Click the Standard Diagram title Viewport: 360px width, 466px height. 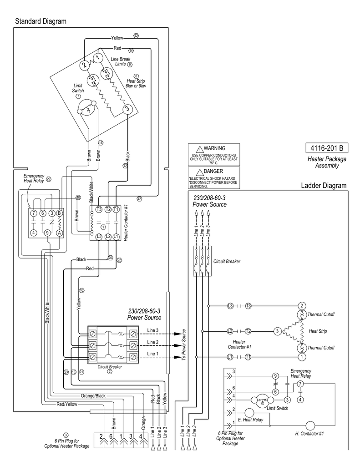(41, 21)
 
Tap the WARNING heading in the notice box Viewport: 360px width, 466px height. (214, 148)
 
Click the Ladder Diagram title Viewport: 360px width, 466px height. (324, 186)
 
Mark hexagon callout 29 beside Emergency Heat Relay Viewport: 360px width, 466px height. (49, 179)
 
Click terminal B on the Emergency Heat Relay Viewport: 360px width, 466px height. (59, 213)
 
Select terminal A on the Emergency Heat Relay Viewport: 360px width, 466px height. (59, 233)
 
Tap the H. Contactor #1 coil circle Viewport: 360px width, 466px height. (310, 426)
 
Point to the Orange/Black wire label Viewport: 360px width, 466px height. (93, 395)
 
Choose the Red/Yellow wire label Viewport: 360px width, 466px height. (67, 404)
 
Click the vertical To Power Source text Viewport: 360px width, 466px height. (184, 344)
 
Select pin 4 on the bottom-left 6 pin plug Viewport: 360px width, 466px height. (141, 436)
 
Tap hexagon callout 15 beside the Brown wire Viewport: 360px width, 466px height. (101, 142)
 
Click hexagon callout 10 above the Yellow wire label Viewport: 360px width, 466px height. (81, 290)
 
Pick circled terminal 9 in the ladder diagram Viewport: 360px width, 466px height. (275, 376)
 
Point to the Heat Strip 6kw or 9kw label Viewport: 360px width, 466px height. (136, 83)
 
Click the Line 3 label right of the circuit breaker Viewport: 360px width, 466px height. (152, 330)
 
